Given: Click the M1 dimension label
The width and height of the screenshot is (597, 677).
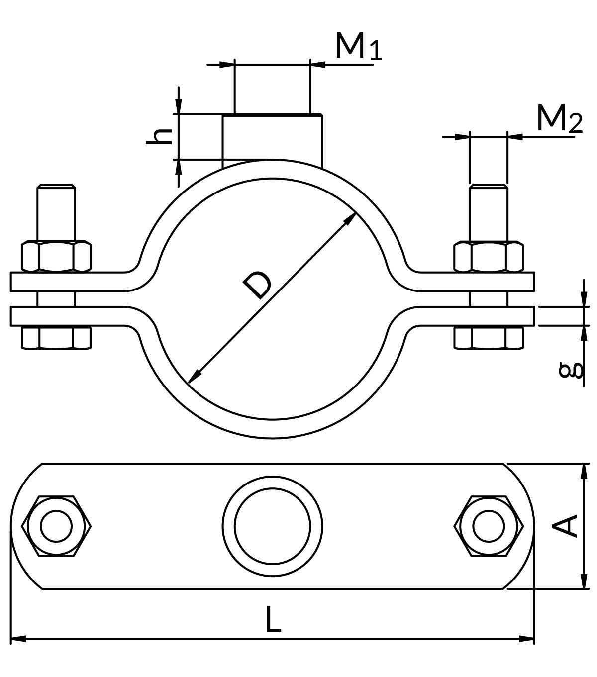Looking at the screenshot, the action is click(x=358, y=46).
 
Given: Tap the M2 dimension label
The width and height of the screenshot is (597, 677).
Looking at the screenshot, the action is click(x=560, y=118).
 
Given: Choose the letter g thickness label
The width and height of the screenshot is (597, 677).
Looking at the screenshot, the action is click(x=571, y=370).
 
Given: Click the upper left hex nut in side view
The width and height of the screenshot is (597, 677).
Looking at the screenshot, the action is click(x=56, y=256).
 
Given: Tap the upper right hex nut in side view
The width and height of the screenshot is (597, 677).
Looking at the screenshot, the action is click(x=489, y=256).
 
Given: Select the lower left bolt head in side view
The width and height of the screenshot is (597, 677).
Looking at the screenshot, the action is click(x=56, y=338).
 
